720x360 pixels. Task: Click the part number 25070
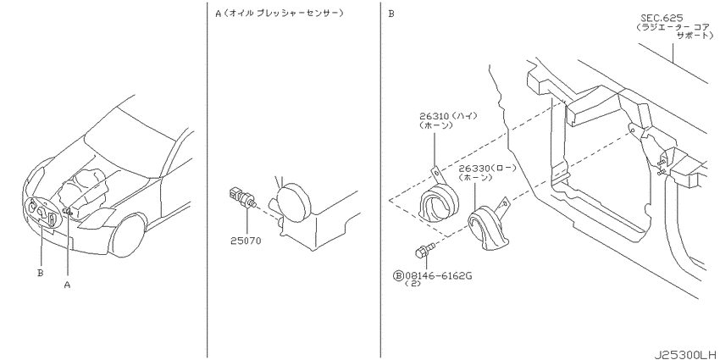pos(246,241)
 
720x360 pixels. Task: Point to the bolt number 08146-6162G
pos(438,275)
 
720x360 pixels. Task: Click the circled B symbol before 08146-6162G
pos(398,275)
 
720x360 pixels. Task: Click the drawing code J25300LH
pos(685,354)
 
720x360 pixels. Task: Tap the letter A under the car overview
pos(67,285)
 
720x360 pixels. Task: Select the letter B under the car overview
pos(41,273)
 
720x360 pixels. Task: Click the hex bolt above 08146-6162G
pos(424,252)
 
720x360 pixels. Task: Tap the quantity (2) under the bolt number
pos(413,284)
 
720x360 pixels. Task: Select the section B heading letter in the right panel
pos(391,14)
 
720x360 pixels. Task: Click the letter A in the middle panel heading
pos(218,14)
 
